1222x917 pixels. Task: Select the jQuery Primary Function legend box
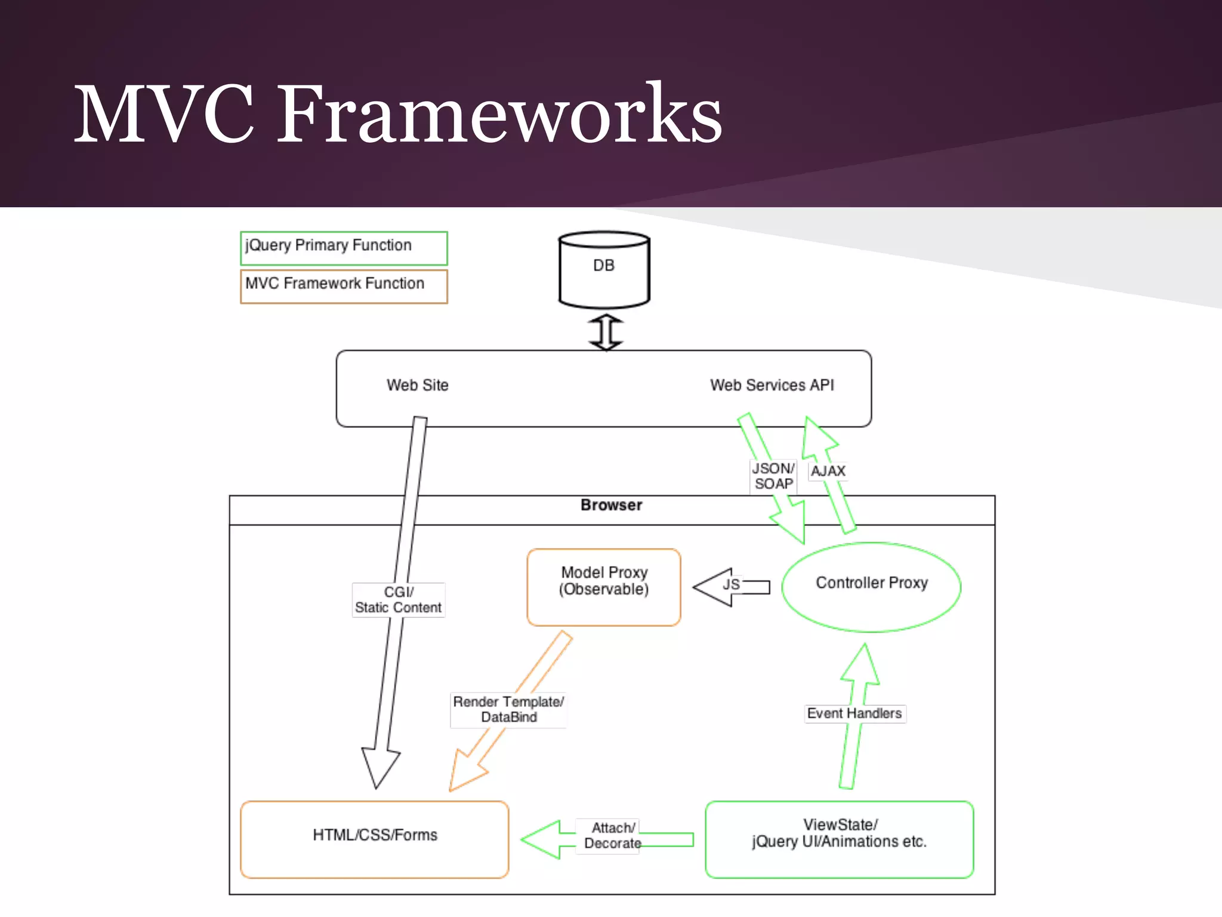coord(344,248)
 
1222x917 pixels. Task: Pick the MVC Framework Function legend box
coord(344,286)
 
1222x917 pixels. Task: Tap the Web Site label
coord(417,385)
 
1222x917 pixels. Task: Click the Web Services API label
coord(772,385)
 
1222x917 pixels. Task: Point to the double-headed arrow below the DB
coord(606,332)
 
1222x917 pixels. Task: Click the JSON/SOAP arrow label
coord(773,476)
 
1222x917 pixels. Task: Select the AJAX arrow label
coord(828,471)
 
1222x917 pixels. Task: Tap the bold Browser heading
coord(611,505)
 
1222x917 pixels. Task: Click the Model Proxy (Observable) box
coord(604,587)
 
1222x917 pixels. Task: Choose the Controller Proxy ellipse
coord(871,587)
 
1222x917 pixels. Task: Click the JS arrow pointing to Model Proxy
coord(731,586)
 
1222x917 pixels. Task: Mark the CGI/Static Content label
coord(398,600)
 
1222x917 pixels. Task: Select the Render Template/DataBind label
coord(508,709)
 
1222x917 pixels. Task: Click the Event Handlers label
coord(854,713)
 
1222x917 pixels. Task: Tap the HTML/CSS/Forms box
coord(375,839)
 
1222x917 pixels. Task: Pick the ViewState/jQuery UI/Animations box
coord(839,839)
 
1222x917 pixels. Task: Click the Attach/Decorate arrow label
coord(612,836)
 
